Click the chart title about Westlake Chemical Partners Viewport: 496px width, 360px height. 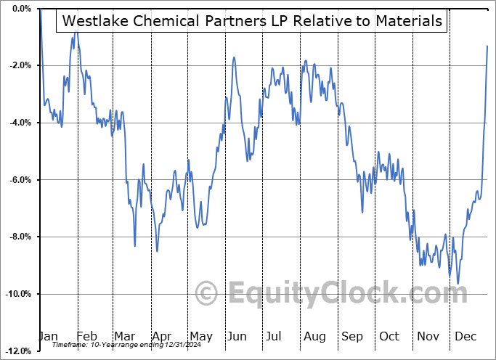click(x=252, y=21)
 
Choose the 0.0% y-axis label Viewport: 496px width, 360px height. click(x=20, y=9)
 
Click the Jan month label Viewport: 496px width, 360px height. click(x=48, y=336)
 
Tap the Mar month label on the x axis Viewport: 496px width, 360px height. click(x=124, y=336)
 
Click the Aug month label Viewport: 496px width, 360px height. click(x=314, y=336)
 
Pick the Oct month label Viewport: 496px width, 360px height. click(x=389, y=336)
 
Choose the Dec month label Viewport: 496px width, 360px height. click(x=465, y=336)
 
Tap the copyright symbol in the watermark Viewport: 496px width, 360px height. click(x=207, y=294)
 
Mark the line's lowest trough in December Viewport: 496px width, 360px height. click(x=458, y=283)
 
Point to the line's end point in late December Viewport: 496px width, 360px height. click(x=487, y=46)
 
